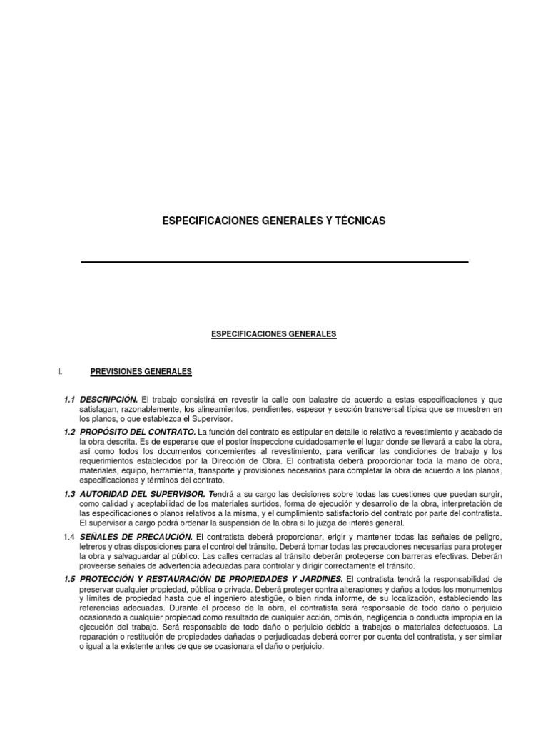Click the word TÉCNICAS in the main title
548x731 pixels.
pyautogui.click(x=360, y=221)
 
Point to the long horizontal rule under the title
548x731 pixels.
pyautogui.click(x=275, y=262)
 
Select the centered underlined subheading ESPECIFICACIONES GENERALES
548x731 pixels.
pyautogui.click(x=274, y=333)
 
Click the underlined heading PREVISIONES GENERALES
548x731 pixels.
pyautogui.click(x=141, y=371)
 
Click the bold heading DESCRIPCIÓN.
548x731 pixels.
pyautogui.click(x=108, y=398)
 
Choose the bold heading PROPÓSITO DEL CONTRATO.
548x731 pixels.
pyautogui.click(x=138, y=433)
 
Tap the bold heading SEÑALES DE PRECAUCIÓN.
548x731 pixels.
pyautogui.click(x=136, y=536)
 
